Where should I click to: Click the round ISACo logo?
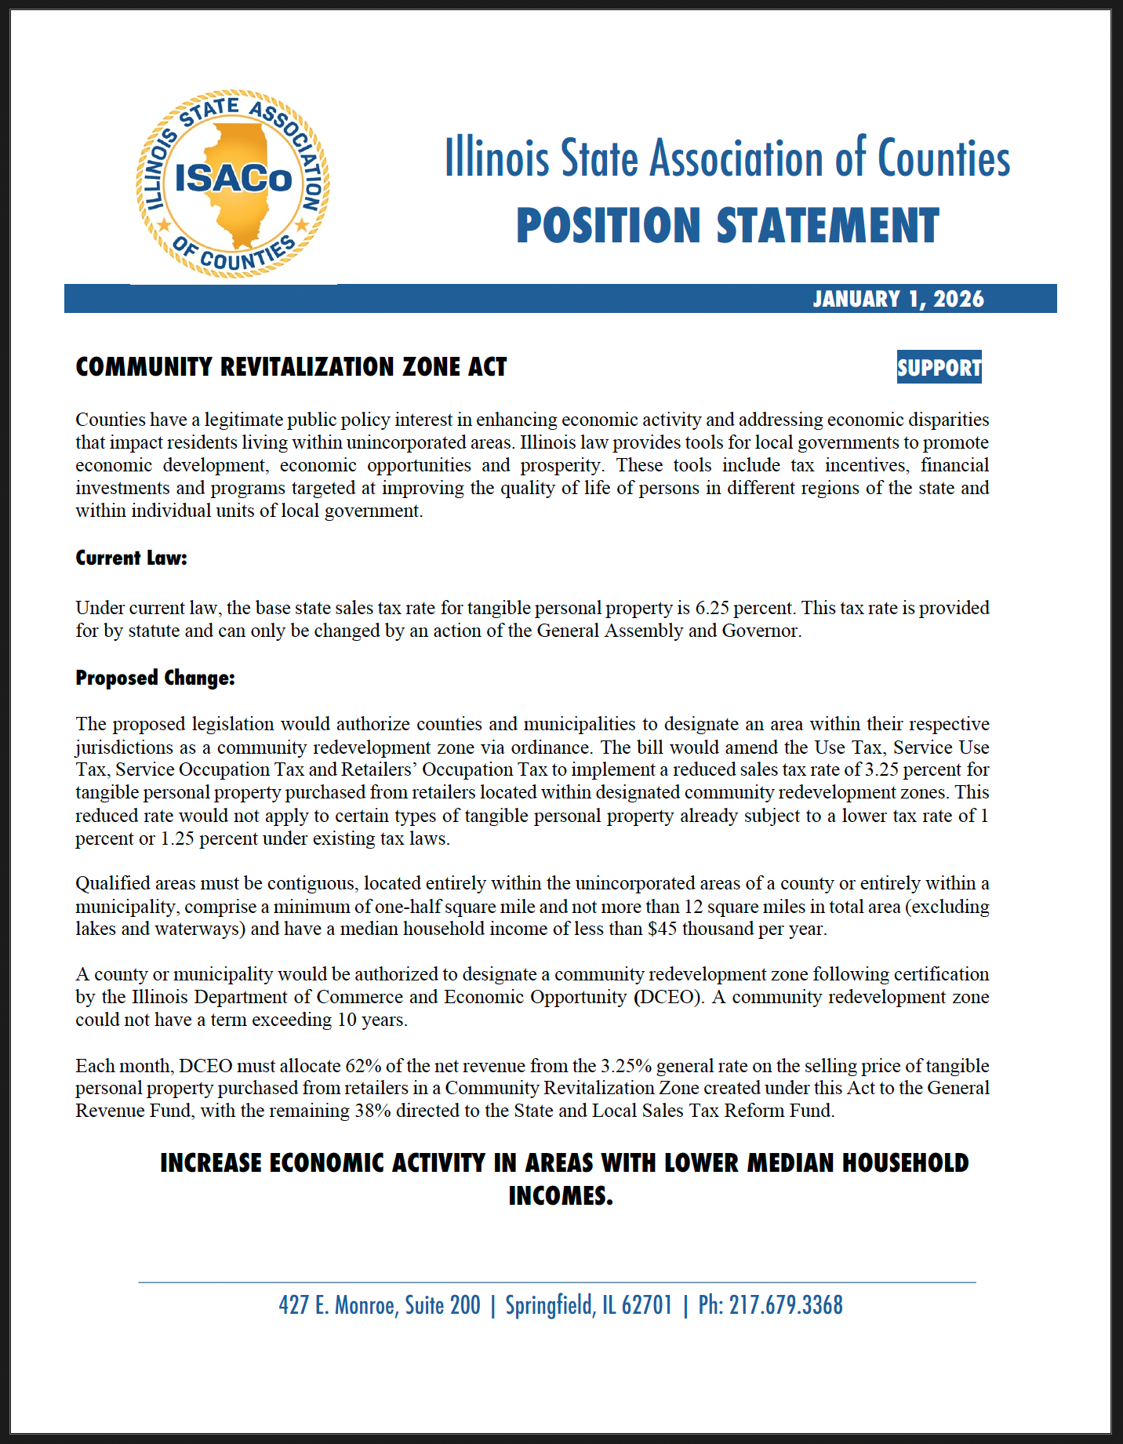coord(233,184)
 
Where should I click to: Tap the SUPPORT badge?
coord(939,367)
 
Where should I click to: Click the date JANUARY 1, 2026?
coord(898,299)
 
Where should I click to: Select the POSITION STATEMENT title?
coord(727,226)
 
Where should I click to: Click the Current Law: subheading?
coord(131,558)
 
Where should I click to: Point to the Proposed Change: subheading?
coord(155,678)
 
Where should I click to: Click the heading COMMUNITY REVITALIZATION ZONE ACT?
coord(291,367)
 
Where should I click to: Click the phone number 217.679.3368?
coord(786,1305)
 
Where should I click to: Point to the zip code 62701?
coord(647,1305)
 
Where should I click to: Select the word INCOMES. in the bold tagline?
coord(561,1195)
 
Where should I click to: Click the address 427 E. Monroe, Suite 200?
coord(380,1305)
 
